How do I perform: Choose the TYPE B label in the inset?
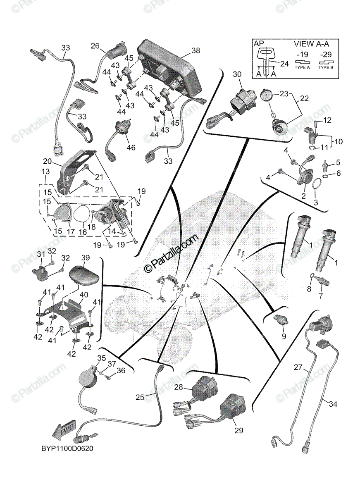tap(327, 67)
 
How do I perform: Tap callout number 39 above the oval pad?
tap(85, 258)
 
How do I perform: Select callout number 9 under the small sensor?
tap(284, 336)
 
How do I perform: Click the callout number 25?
tap(140, 398)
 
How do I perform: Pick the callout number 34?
tap(333, 404)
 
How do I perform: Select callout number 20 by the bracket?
tap(47, 161)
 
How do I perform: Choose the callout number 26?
tap(95, 46)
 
